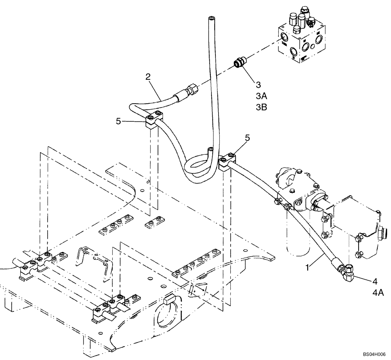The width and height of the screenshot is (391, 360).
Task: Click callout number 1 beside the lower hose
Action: pyautogui.click(x=308, y=268)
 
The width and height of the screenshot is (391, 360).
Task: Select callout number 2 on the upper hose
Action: pyautogui.click(x=148, y=77)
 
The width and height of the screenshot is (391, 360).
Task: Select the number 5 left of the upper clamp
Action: pyautogui.click(x=118, y=121)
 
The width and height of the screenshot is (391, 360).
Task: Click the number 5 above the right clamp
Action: pyautogui.click(x=248, y=138)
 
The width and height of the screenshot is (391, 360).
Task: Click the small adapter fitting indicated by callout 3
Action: pyautogui.click(x=239, y=63)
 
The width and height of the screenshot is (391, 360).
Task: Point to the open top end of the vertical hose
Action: pyautogui.click(x=211, y=18)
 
